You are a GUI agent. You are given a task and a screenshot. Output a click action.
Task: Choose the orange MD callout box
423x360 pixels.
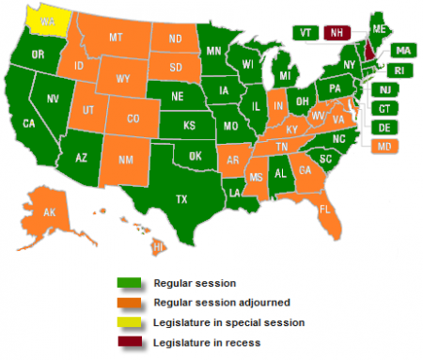tap(385, 146)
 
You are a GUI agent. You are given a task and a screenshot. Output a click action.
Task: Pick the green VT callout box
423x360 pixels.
tap(305, 32)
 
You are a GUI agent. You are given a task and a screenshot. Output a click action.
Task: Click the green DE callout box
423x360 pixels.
tap(385, 127)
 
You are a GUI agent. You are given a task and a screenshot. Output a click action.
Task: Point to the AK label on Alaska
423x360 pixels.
tap(51, 213)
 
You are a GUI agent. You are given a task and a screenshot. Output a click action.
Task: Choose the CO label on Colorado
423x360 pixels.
tap(133, 118)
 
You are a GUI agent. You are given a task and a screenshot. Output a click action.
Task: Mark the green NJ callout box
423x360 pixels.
tap(385, 89)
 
